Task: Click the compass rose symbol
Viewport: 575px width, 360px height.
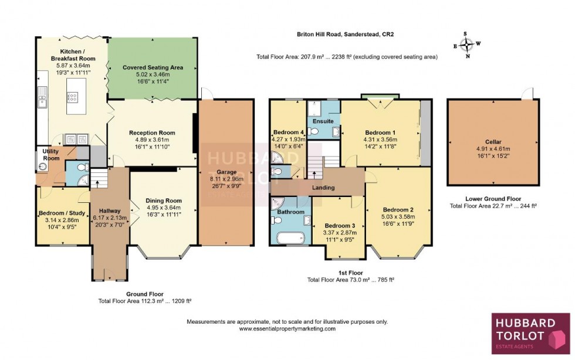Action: [467, 45]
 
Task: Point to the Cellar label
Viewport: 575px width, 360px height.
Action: [493, 141]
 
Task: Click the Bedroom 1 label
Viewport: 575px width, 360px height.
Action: [380, 133]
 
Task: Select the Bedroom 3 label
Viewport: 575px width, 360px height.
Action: [340, 226]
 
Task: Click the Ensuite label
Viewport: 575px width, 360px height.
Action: [323, 121]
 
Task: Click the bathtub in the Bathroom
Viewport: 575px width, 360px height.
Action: [287, 238]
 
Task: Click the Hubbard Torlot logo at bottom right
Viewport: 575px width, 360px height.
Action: [530, 333]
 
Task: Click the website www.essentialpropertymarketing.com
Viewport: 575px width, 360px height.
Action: [287, 329]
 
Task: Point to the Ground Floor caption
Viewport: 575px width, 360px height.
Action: [145, 294]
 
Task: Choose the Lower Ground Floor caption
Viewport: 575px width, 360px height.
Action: [493, 199]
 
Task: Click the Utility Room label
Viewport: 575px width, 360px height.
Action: [50, 155]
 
